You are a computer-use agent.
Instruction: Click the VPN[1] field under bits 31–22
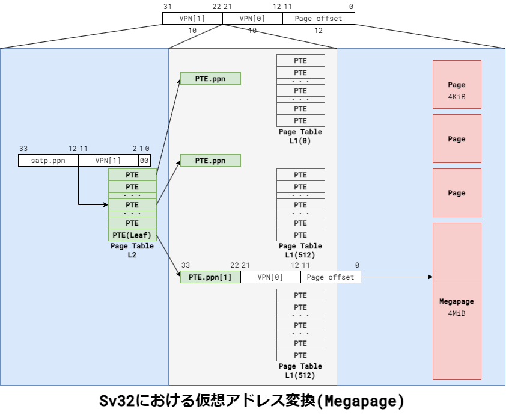click(x=192, y=19)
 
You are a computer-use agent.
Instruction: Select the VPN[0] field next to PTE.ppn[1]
click(x=270, y=277)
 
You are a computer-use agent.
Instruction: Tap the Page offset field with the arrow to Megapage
click(x=331, y=277)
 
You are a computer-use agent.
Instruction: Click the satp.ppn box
click(x=47, y=161)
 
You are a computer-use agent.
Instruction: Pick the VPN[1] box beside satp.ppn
click(x=108, y=161)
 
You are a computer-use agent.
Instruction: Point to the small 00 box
click(x=144, y=161)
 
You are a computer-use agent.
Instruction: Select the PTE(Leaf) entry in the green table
click(x=132, y=235)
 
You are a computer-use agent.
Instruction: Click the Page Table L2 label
click(x=132, y=250)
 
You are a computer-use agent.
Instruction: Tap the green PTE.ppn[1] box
click(x=210, y=277)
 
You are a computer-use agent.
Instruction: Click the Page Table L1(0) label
click(x=300, y=136)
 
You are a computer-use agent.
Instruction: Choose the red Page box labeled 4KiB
click(x=457, y=90)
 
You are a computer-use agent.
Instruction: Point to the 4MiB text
click(x=457, y=313)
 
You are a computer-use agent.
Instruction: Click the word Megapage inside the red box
click(x=457, y=301)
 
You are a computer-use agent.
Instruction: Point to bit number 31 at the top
click(x=167, y=6)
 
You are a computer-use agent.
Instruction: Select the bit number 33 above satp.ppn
click(x=23, y=149)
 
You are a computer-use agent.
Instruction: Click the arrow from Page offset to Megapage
click(x=397, y=277)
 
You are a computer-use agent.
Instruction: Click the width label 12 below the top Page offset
click(x=319, y=30)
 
